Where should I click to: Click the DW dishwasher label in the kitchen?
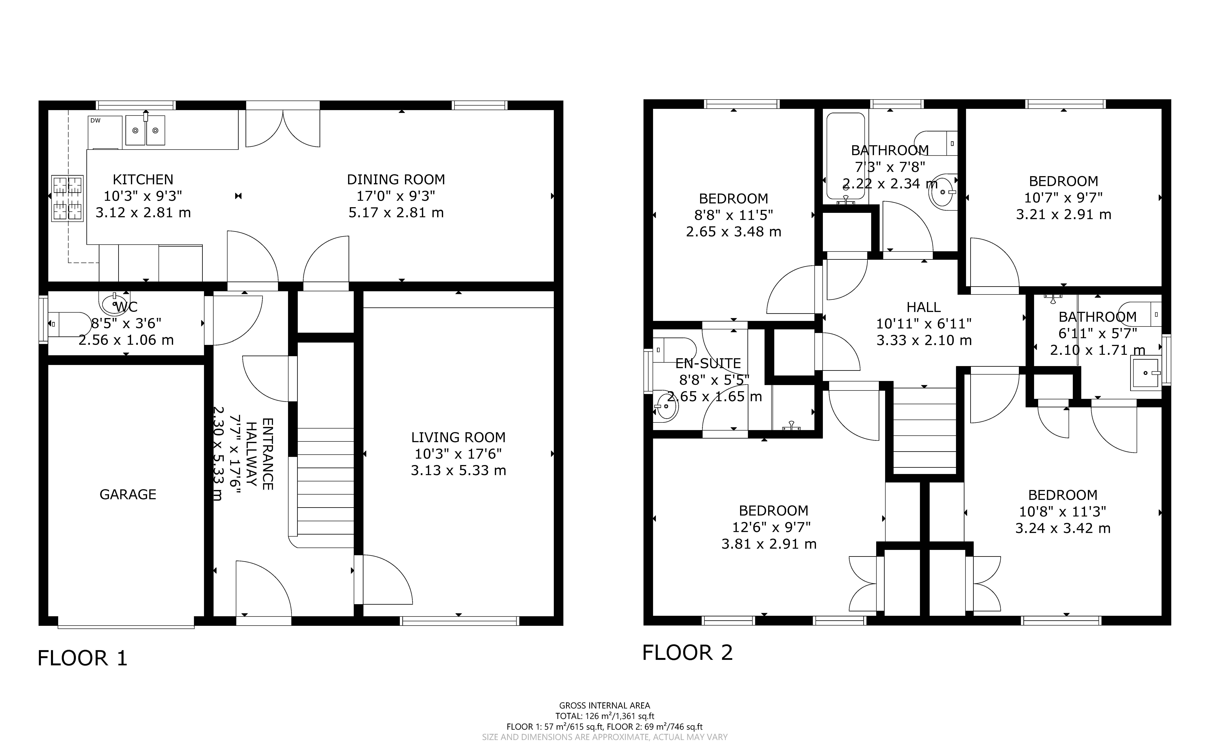[95, 120]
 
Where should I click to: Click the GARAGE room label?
[128, 495]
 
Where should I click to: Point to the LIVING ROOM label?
[458, 437]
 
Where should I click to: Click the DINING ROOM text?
[396, 179]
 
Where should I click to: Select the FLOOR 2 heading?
[687, 652]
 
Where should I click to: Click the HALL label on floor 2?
[924, 307]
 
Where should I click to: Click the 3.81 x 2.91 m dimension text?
[769, 544]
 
